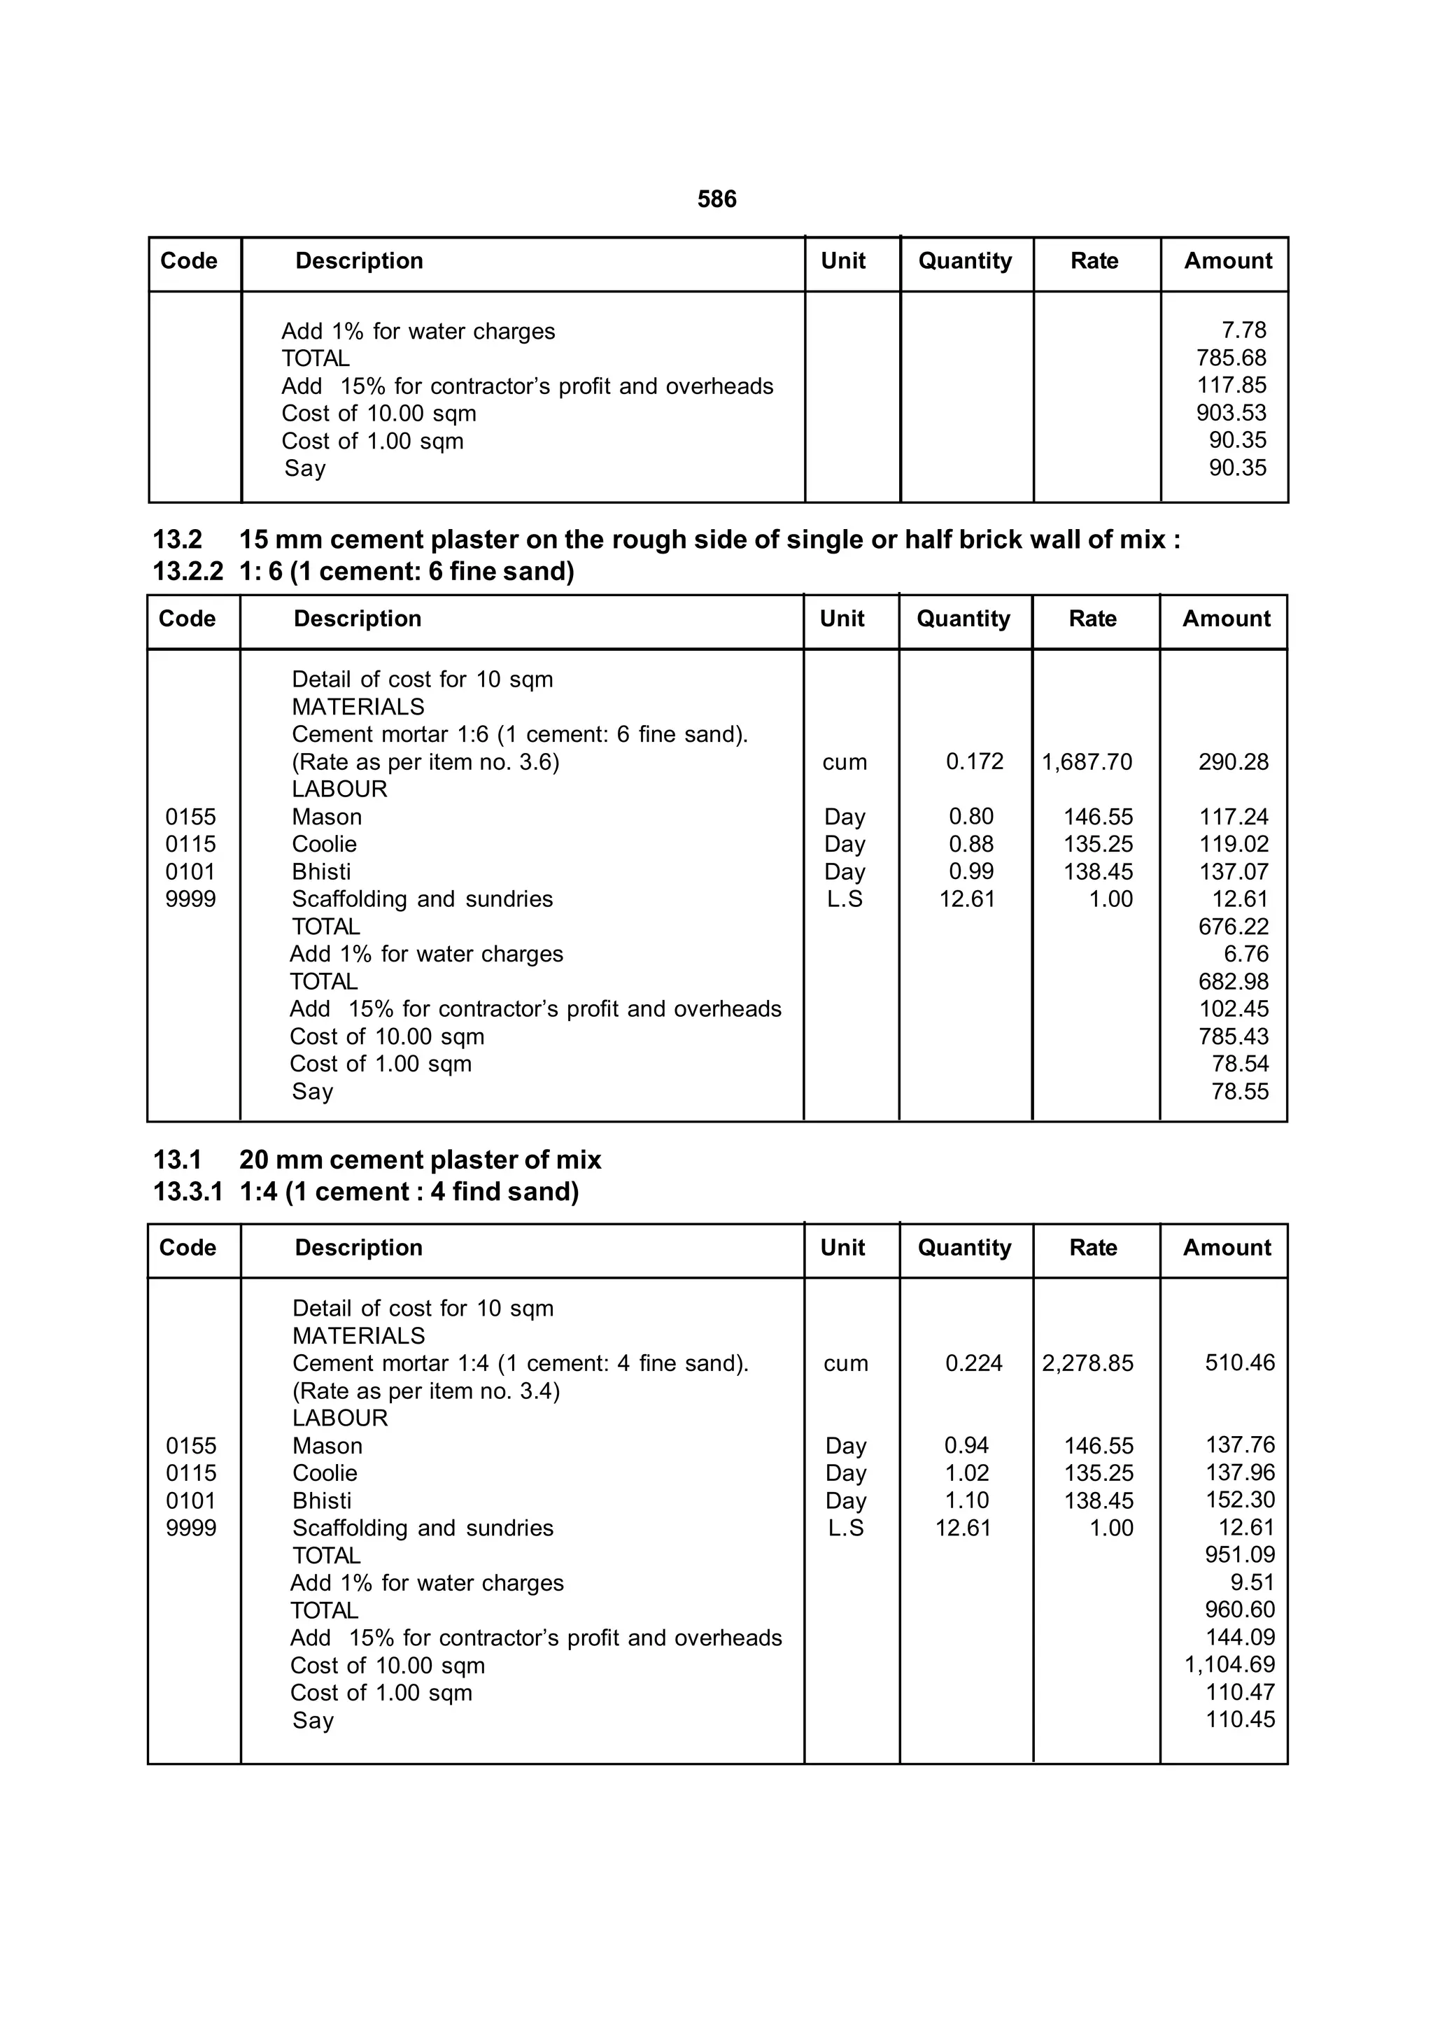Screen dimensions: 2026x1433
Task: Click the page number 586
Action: tap(716, 199)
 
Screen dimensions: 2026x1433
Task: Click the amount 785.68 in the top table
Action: tap(1231, 358)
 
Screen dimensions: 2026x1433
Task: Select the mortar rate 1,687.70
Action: tap(1086, 761)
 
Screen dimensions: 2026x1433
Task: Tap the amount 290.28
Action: tap(1233, 761)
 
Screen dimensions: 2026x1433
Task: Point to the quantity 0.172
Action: tap(974, 761)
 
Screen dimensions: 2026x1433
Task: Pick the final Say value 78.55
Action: tap(1240, 1092)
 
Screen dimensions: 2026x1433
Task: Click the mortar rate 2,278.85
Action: tap(1087, 1363)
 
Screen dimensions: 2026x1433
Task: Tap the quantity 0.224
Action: tap(973, 1363)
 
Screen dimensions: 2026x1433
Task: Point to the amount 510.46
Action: tap(1240, 1363)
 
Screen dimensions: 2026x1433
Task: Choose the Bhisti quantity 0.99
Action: tap(970, 872)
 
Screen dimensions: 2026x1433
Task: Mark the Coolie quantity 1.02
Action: tap(967, 1472)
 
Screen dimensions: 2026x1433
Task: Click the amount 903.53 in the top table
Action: tap(1231, 413)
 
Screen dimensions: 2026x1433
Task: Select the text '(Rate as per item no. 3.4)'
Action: tap(425, 1391)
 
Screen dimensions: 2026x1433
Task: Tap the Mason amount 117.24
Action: tap(1233, 817)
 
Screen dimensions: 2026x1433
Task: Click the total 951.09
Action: tap(1240, 1555)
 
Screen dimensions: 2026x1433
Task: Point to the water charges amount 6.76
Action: tap(1246, 954)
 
